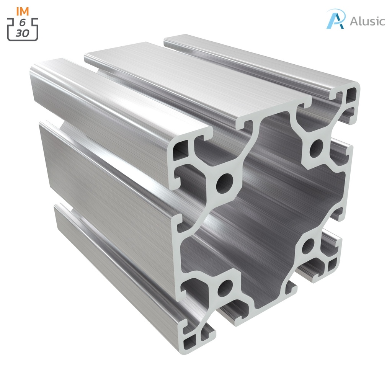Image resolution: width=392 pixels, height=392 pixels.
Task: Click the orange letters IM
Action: tap(23, 11)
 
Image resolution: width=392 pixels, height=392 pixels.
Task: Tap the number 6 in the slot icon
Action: tap(23, 23)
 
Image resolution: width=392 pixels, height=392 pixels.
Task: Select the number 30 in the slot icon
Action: tap(23, 33)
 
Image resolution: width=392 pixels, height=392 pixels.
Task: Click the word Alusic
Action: tap(367, 21)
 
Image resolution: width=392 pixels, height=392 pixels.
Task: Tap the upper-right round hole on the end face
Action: tap(316, 149)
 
